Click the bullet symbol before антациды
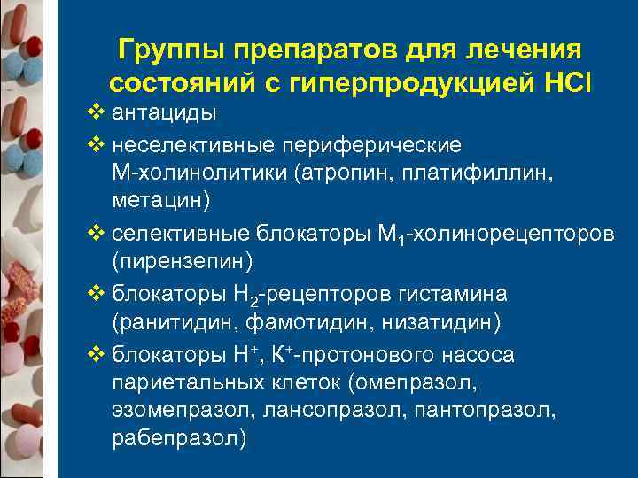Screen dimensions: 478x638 click(x=97, y=112)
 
